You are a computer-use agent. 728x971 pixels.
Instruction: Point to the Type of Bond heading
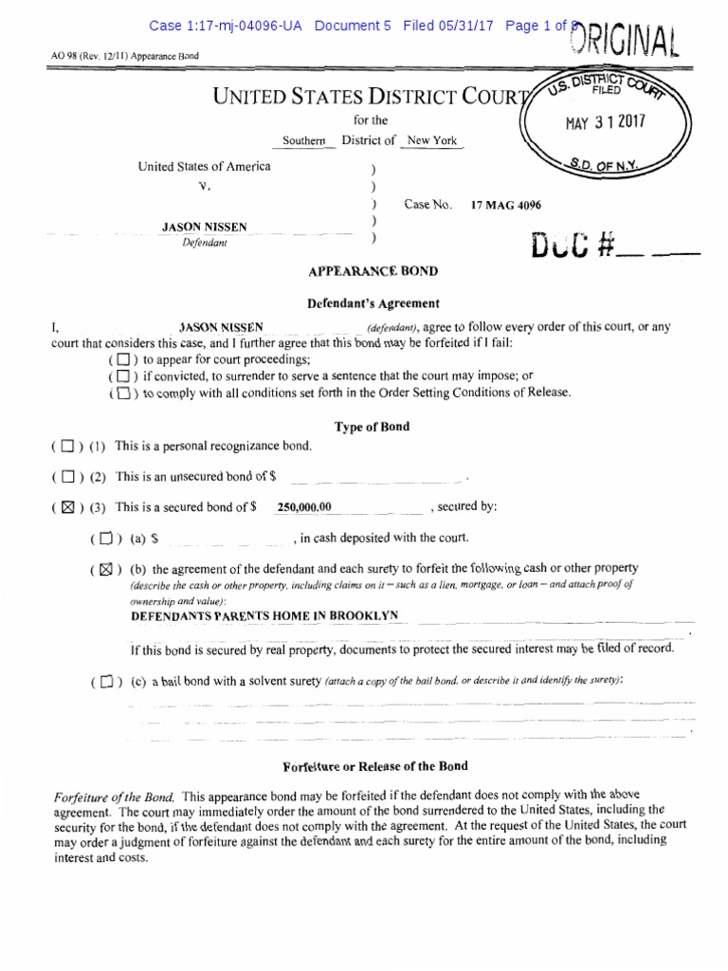click(x=372, y=427)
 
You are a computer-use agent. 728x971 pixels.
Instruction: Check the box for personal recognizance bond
click(x=66, y=446)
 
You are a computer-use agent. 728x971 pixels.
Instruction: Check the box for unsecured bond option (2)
click(x=66, y=476)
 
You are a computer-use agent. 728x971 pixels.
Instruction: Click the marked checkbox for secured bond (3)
click(x=66, y=507)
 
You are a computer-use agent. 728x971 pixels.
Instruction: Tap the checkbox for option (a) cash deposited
click(x=105, y=539)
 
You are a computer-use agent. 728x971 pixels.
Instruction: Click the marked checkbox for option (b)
click(x=105, y=570)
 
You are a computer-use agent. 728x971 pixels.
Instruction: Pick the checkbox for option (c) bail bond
click(x=105, y=681)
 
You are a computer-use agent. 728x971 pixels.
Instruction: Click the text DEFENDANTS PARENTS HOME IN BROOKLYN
click(x=264, y=616)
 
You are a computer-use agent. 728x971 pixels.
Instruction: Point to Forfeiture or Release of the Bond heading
click(x=375, y=766)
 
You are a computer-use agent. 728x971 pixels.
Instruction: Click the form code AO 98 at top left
click(x=65, y=55)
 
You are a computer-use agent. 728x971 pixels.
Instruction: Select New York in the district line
click(x=431, y=140)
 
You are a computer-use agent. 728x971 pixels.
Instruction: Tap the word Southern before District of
click(x=303, y=141)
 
